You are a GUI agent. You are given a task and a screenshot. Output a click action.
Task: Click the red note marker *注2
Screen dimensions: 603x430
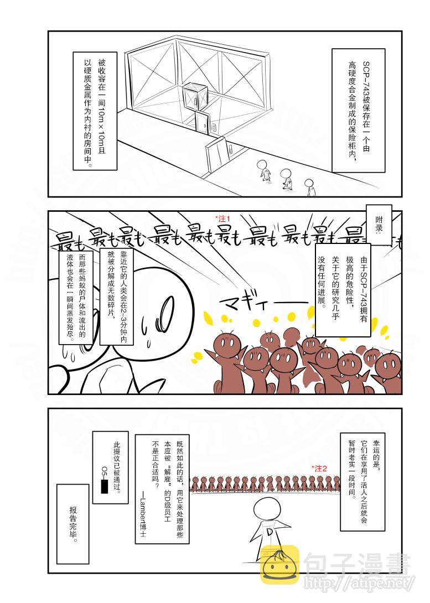[319, 468]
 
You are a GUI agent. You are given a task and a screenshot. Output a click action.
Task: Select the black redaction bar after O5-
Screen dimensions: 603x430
[104, 487]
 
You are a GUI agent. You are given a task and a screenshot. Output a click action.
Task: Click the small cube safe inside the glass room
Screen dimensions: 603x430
[193, 101]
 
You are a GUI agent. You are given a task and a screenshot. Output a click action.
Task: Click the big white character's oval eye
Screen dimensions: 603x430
[166, 305]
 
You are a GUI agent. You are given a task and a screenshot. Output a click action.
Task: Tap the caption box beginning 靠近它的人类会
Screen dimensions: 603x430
[116, 294]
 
